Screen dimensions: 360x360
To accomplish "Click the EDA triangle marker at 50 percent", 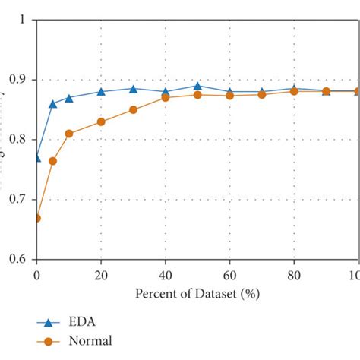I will coord(197,86).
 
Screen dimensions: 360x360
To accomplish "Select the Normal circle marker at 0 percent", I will coord(36,218).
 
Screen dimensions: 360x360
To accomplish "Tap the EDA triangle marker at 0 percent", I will coord(36,157).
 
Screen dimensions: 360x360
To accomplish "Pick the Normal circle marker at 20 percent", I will coord(101,122).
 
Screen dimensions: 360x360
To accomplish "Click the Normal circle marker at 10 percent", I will coord(69,134).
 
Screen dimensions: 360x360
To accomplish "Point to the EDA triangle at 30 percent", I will coord(133,89).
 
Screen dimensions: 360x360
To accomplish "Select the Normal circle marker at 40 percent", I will coord(166,98).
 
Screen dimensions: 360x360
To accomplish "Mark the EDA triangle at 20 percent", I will coord(101,92).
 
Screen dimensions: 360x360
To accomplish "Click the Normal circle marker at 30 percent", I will coord(133,110).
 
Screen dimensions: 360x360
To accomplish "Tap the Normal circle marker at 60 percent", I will coord(229,96).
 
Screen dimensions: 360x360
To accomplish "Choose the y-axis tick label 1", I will coord(23,20).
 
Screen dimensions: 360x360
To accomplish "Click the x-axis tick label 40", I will coord(166,274).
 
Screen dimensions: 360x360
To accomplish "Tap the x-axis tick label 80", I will coord(294,274).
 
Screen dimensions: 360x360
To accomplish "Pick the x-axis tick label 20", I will coord(101,274).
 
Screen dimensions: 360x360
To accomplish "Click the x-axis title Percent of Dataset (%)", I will coord(197,293).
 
